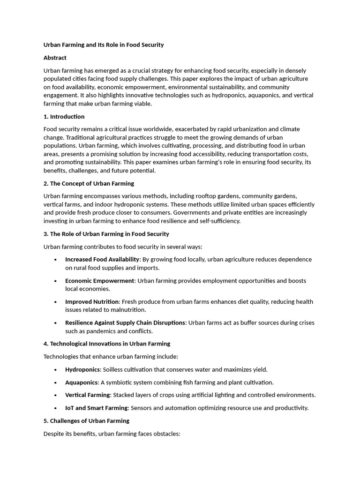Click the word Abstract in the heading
[55, 58]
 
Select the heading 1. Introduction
[64, 116]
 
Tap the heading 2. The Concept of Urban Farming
[89, 183]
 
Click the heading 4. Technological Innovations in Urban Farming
[106, 344]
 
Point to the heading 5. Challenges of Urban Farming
[86, 421]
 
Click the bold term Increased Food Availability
[102, 259]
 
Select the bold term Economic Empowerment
[99, 281]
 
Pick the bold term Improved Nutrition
[92, 301]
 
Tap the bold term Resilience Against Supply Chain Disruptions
[125, 322]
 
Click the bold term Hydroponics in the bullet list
[82, 369]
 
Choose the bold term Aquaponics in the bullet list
[82, 382]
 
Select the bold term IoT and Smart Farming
[96, 408]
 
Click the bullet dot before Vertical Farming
[56, 395]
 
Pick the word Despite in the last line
[53, 434]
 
